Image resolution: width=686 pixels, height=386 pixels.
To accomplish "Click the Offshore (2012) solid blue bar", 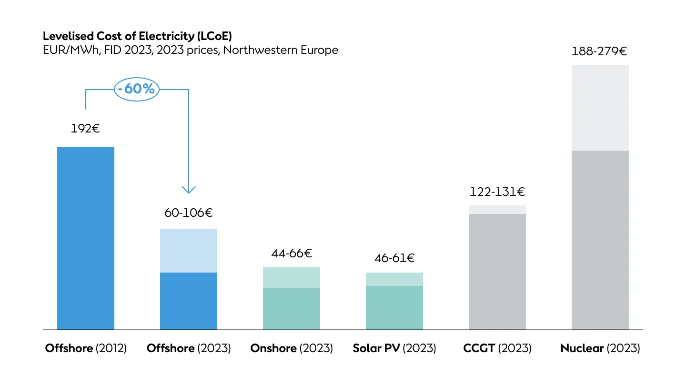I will click(86, 238).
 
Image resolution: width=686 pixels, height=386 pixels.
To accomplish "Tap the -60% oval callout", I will click(137, 89).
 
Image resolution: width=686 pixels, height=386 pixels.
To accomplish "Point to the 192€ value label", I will click(85, 128).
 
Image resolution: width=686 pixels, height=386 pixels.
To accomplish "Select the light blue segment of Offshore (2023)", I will click(189, 251).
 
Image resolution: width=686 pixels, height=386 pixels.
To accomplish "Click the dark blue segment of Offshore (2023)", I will click(189, 301).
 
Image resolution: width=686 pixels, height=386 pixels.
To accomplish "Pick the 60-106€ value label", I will click(189, 213).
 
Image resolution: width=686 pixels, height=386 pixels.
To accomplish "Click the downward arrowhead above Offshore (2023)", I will click(189, 189).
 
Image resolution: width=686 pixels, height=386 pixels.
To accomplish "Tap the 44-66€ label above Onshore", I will click(291, 253).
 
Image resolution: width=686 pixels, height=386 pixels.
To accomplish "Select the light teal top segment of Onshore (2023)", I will click(292, 277).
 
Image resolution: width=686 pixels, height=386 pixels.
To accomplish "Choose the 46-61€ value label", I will click(394, 259).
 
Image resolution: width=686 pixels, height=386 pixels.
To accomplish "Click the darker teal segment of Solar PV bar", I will click(394, 307).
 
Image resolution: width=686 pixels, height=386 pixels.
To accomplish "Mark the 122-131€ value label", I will click(497, 192).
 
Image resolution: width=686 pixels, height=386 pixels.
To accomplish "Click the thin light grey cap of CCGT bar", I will click(497, 210).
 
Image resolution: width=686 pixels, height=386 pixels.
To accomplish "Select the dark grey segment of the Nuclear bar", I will click(600, 240).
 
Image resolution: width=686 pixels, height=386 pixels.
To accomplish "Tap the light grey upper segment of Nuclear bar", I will click(600, 108).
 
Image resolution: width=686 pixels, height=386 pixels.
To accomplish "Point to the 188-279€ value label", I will click(600, 51).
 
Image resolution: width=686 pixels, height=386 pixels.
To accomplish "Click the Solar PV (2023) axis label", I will click(394, 348).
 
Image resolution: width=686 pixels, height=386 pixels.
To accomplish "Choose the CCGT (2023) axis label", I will click(497, 348).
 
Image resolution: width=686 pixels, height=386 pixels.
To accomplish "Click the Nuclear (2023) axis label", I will click(600, 348).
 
